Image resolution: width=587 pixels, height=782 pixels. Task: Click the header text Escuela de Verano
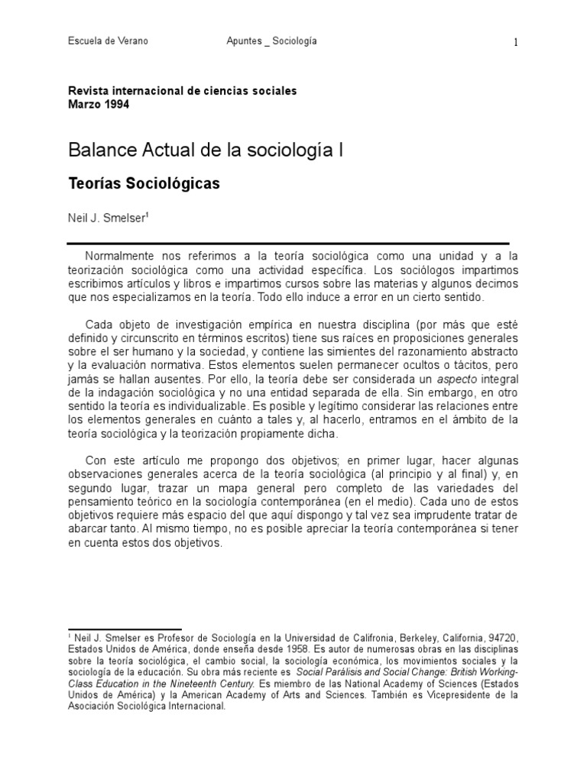[108, 41]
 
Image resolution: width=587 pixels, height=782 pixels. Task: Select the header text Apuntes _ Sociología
[272, 41]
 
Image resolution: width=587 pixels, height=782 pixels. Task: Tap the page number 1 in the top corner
[516, 43]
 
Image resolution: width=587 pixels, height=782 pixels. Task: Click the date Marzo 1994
[99, 104]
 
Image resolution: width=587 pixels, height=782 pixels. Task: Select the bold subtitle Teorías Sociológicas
[144, 184]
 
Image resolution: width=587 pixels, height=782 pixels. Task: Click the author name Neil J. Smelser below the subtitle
[105, 217]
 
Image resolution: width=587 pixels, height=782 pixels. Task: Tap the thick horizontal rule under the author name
[289, 242]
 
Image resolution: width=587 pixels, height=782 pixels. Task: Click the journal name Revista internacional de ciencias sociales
[182, 91]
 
